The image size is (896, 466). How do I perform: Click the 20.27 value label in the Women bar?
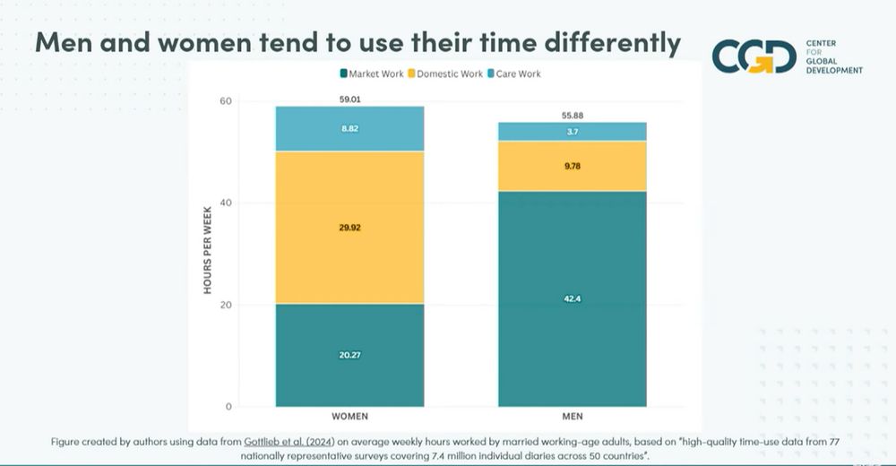[x=349, y=355]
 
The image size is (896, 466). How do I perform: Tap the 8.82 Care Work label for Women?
[x=349, y=129]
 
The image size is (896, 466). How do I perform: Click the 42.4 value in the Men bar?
[x=572, y=298]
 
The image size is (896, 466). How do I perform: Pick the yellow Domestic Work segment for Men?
[x=572, y=166]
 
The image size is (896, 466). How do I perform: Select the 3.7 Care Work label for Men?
[x=572, y=132]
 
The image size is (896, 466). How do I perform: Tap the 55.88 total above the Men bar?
[x=572, y=116]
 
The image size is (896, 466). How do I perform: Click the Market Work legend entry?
[x=372, y=73]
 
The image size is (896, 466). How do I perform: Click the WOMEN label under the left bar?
[x=349, y=418]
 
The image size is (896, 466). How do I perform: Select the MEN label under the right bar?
[x=572, y=418]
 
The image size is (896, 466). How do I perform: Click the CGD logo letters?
[x=754, y=56]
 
